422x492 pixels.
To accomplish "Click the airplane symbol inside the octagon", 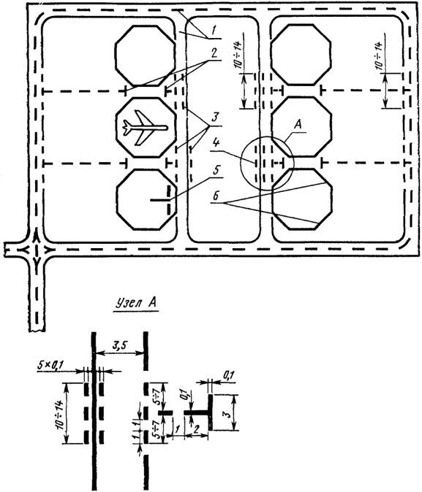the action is pyautogui.click(x=145, y=128).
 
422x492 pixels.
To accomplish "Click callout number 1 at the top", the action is pyautogui.click(x=214, y=31).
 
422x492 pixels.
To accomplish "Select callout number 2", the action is pyautogui.click(x=214, y=53).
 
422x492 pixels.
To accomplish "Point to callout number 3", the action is pyautogui.click(x=214, y=118).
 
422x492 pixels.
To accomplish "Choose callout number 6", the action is pyautogui.click(x=216, y=197).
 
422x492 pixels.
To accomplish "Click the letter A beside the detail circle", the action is pyautogui.click(x=297, y=125).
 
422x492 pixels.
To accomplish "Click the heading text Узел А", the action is pyautogui.click(x=136, y=304).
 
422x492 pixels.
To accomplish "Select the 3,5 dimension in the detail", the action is pyautogui.click(x=119, y=345).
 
